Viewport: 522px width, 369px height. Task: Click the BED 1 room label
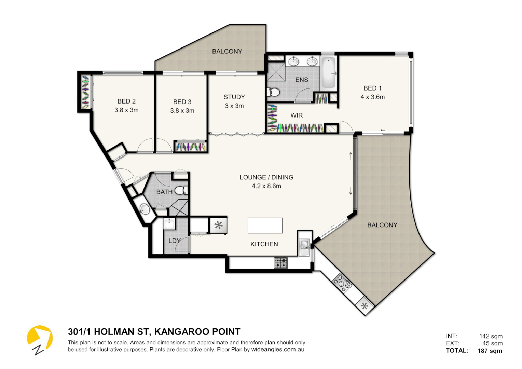pyautogui.click(x=372, y=88)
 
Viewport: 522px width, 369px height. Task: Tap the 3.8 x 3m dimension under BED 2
pyautogui.click(x=126, y=110)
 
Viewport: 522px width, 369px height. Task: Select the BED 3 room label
pyautogui.click(x=182, y=102)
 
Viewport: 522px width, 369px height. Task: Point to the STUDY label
pyautogui.click(x=234, y=97)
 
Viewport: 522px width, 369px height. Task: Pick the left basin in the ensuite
pyautogui.click(x=293, y=61)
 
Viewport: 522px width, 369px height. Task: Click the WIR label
pyautogui.click(x=297, y=115)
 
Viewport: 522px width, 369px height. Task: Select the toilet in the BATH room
pyautogui.click(x=181, y=190)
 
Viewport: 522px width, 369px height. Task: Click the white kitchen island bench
pyautogui.click(x=265, y=225)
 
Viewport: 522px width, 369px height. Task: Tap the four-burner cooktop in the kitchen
pyautogui.click(x=280, y=263)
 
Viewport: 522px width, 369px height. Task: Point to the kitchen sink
pyautogui.click(x=304, y=244)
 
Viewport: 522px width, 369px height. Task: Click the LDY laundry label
pyautogui.click(x=174, y=241)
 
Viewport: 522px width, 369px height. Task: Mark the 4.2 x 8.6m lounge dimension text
pyautogui.click(x=266, y=186)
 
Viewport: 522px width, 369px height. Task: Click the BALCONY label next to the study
pyautogui.click(x=227, y=52)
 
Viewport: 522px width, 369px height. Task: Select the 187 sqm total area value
pyautogui.click(x=490, y=351)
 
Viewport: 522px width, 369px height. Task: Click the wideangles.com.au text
pyautogui.click(x=278, y=350)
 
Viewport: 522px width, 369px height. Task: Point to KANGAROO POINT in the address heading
pyautogui.click(x=197, y=332)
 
